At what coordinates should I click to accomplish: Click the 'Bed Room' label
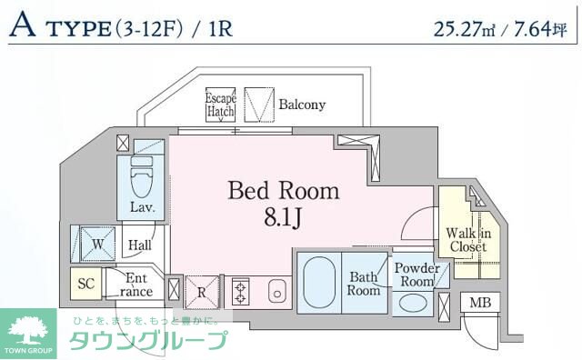tap(283, 191)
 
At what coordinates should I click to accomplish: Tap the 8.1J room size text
tap(284, 218)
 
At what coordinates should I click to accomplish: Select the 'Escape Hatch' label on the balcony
tap(220, 105)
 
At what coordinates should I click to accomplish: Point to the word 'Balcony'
tap(302, 105)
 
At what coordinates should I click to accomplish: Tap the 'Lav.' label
tap(141, 207)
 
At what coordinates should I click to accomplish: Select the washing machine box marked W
tap(95, 243)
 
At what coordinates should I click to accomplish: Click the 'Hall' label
tap(139, 245)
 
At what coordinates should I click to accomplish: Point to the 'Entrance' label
tap(136, 285)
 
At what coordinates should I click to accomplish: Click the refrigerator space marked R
tap(202, 293)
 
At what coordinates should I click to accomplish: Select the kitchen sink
tap(277, 293)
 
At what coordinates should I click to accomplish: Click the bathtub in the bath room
tap(317, 283)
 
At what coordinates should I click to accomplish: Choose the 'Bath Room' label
tap(363, 284)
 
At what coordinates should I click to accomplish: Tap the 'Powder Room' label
tap(417, 275)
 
